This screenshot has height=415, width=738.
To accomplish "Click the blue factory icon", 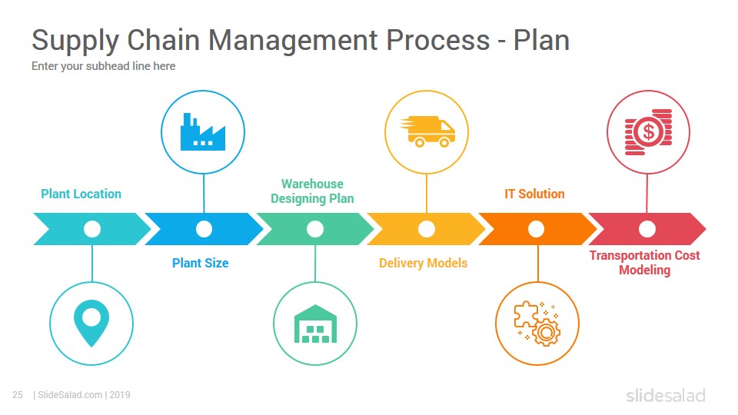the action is pos(203,131).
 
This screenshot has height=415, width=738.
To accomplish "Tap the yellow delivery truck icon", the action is pos(427,131).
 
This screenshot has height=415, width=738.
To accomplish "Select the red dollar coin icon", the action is pos(648,132).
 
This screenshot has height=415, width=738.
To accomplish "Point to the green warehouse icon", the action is pos(315,324).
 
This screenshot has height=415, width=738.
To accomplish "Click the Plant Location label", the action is pos(81,194).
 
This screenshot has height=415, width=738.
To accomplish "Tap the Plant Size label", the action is pos(200,263).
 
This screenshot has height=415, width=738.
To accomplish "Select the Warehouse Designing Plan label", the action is pos(312,191).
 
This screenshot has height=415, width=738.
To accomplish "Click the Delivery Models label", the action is pos(423,263).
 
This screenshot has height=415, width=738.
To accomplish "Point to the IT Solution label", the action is pos(534,194).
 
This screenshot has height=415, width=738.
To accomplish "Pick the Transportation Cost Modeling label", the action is pos(644,263).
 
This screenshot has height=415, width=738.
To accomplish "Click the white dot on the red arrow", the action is pos(647,229).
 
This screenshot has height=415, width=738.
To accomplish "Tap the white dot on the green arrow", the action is pos(315,229).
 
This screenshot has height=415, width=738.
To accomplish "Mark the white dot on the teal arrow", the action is pos(92,229).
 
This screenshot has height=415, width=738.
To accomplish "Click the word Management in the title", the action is pos(293,41).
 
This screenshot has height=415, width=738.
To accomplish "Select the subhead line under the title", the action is pos(104,66).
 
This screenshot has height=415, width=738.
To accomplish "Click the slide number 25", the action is pos(18,395).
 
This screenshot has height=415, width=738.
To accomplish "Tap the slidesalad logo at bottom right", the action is pos(666,395).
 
